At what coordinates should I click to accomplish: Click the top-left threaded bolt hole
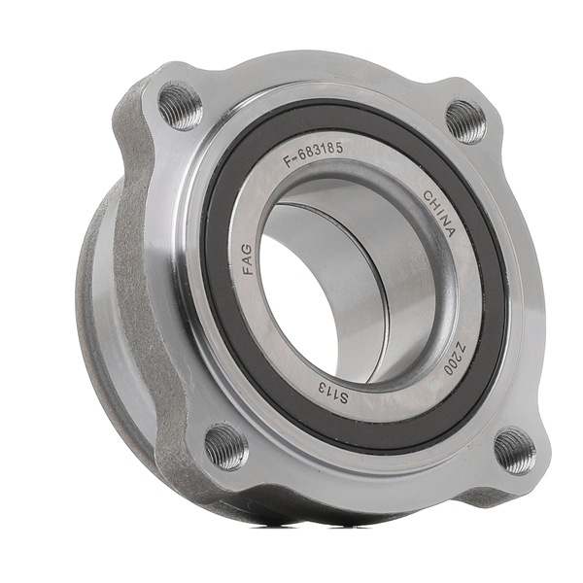181,105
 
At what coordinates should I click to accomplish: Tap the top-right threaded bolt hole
465,121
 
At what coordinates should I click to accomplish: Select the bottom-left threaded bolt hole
226,446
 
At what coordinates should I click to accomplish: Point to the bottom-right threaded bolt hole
515,451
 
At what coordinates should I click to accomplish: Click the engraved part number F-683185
313,155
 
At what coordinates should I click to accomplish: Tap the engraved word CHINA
439,214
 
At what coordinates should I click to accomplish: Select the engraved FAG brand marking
247,259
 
